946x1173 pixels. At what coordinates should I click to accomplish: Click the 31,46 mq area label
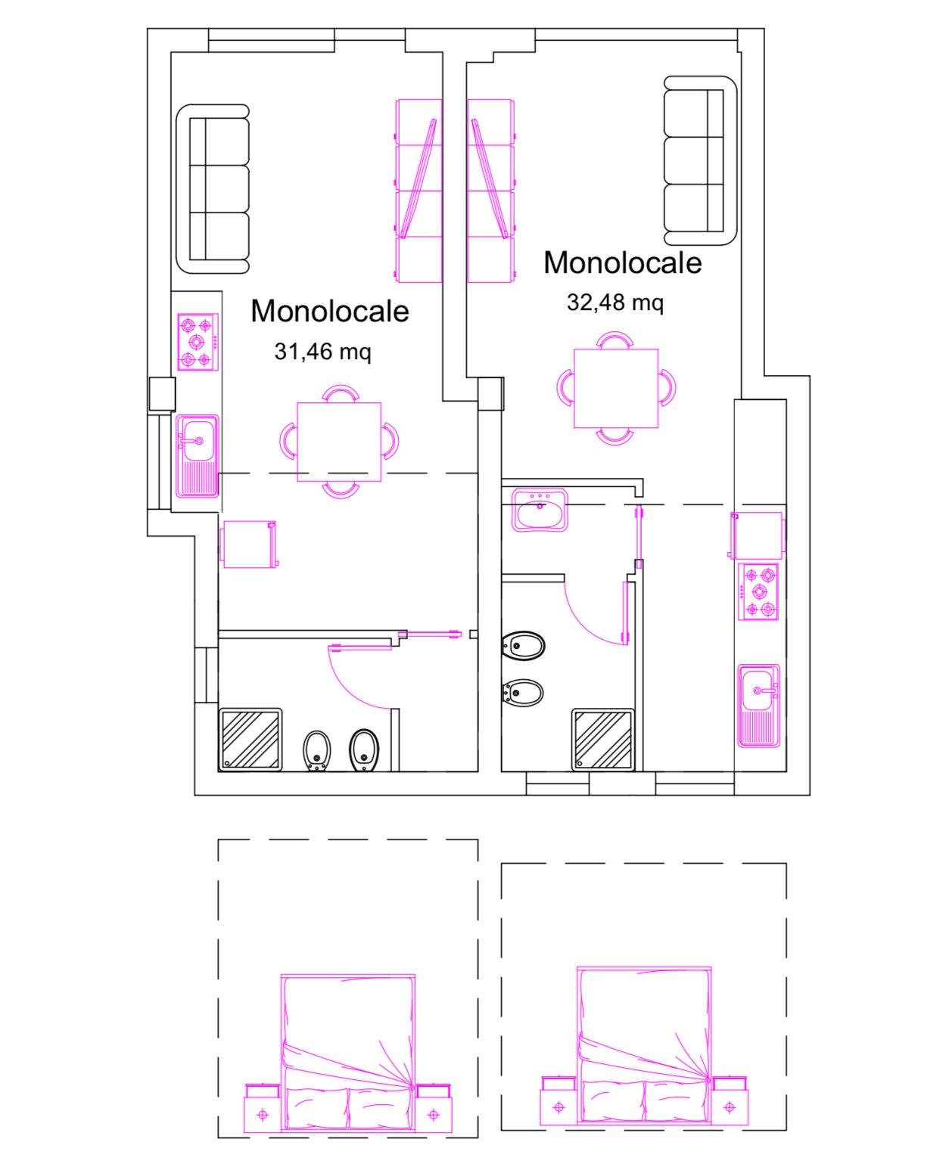(322, 352)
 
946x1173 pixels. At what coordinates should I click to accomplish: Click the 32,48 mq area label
(615, 303)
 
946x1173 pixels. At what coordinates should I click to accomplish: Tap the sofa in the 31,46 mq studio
(213, 189)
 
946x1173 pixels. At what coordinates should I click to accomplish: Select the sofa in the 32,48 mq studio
(701, 160)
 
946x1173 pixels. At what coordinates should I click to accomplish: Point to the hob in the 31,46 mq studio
(198, 343)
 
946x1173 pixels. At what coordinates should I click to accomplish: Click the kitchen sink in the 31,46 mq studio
(197, 456)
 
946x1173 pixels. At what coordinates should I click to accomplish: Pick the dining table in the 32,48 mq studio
(616, 389)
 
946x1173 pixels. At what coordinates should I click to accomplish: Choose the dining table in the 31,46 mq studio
(339, 442)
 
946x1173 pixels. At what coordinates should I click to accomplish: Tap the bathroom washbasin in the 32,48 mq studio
(539, 510)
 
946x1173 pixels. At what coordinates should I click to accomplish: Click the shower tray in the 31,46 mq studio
(251, 740)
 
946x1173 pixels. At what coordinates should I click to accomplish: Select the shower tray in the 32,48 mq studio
(603, 740)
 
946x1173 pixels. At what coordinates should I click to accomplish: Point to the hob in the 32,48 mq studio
(758, 592)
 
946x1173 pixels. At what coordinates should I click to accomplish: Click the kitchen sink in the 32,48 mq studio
(759, 706)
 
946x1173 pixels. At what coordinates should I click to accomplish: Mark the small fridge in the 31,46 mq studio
(248, 545)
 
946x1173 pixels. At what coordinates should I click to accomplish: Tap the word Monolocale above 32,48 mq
(623, 262)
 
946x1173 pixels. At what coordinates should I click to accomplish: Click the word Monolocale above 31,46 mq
(329, 312)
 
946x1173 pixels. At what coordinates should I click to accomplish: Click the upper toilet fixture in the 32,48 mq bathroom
(523, 646)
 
